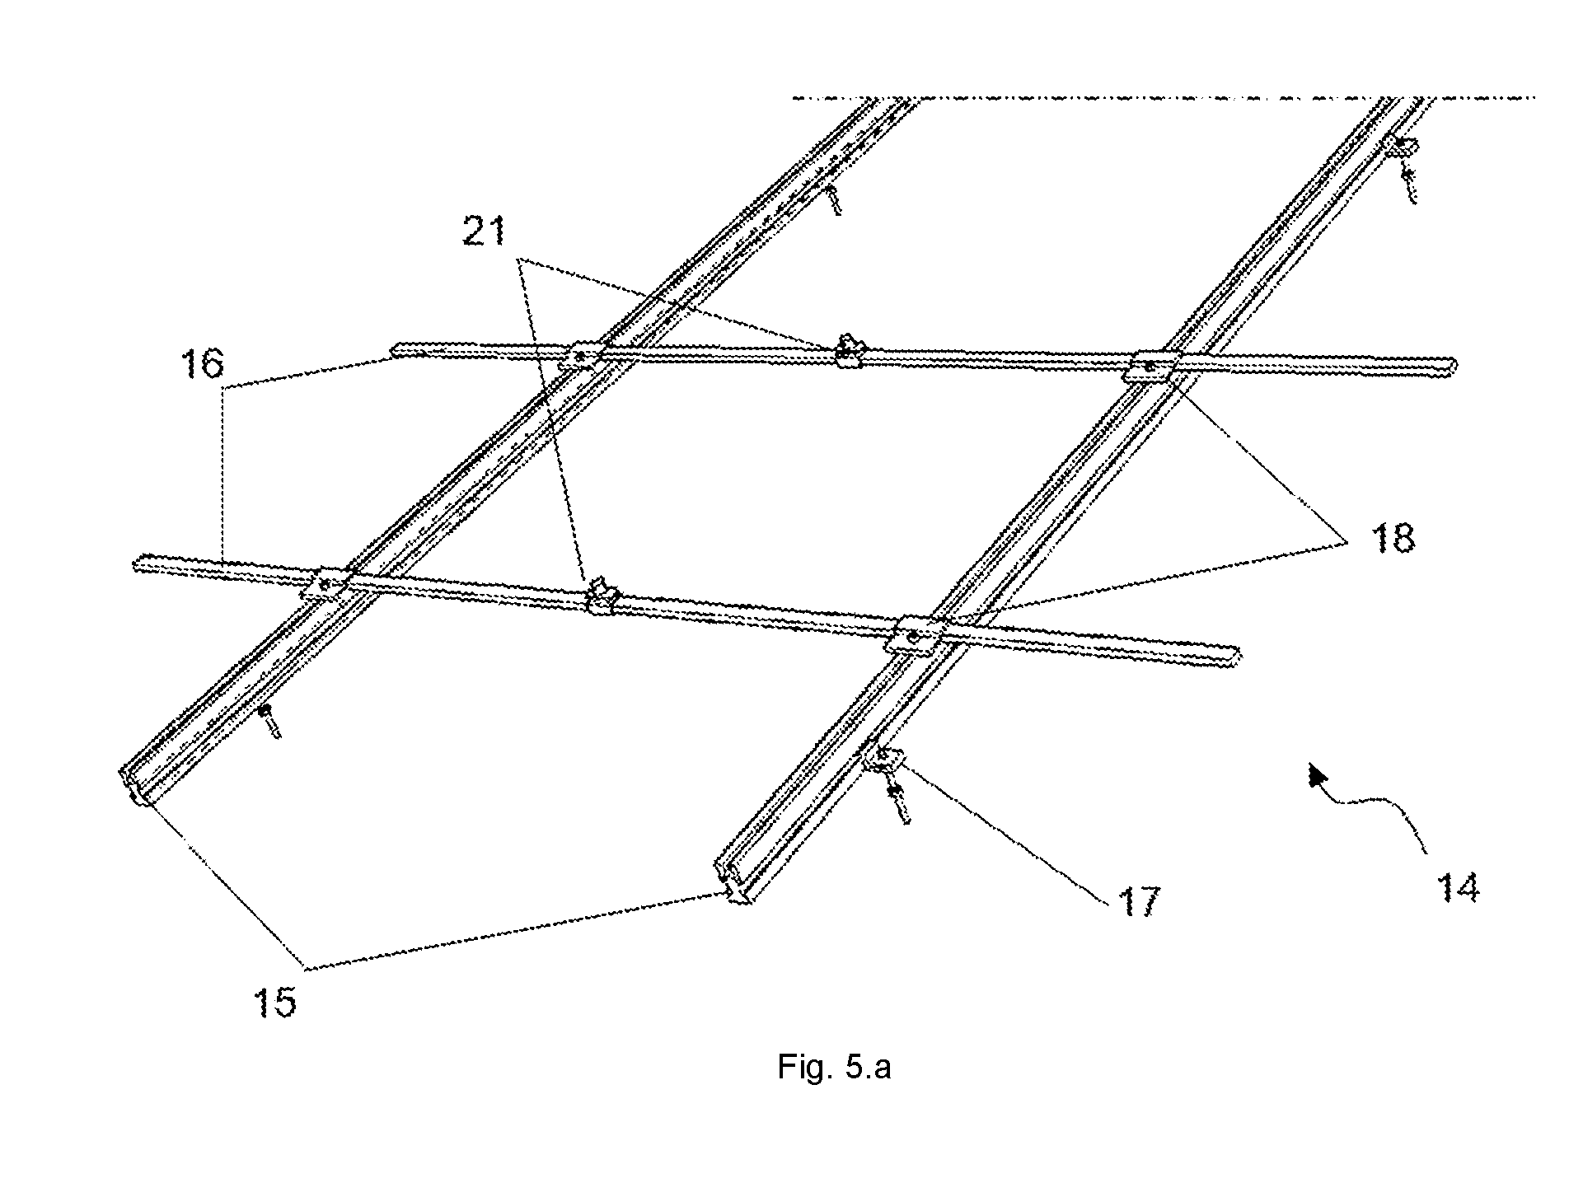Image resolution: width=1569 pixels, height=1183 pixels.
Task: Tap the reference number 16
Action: point(203,363)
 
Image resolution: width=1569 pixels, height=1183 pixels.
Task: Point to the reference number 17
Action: point(1138,901)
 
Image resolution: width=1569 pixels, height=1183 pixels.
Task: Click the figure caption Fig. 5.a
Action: point(834,1068)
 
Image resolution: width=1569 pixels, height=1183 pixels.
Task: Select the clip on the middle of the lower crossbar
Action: point(602,596)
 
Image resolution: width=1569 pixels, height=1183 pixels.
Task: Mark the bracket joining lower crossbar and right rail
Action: point(915,636)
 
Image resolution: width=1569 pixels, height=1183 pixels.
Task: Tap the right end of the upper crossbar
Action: point(1453,366)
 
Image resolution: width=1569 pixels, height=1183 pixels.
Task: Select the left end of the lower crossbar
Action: point(137,564)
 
